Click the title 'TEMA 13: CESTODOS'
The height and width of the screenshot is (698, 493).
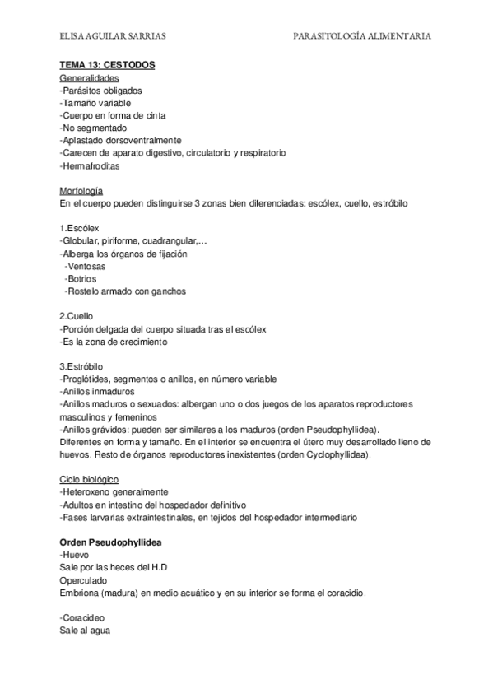tap(107, 65)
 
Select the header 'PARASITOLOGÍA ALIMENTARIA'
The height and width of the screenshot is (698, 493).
tap(362, 36)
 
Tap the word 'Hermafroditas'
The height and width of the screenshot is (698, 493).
tap(90, 166)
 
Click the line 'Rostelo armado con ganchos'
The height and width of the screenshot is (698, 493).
tap(125, 291)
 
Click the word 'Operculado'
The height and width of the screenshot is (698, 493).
tap(86, 580)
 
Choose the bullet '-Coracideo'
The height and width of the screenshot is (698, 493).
tap(82, 617)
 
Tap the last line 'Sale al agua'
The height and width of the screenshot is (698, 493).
tap(85, 631)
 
